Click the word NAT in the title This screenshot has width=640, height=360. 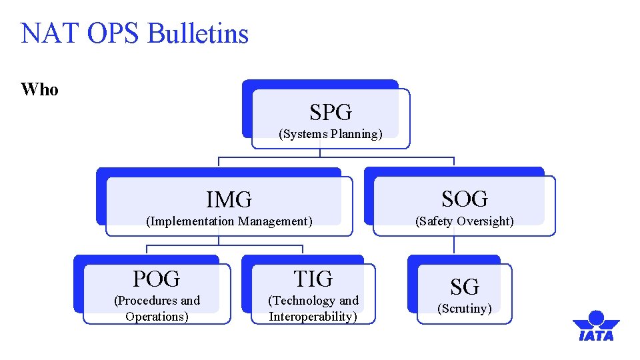coord(45,33)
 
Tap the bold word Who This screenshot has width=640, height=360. coord(39,90)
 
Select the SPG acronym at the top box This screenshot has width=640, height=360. coord(331,112)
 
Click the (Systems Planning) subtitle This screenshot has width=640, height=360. coord(331,134)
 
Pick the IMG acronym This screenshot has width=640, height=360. coord(229,199)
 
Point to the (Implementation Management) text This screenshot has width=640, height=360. coord(229,221)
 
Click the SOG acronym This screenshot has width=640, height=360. coord(465,199)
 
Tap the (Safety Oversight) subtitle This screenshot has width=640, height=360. coord(465,221)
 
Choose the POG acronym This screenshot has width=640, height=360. coord(156,279)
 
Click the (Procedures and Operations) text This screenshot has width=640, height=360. coord(157,309)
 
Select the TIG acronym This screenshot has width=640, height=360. coord(313,279)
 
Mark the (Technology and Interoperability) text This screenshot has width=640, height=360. coord(313,309)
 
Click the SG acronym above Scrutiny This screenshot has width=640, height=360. coord(465,287)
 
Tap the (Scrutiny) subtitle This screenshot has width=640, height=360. coord(465,309)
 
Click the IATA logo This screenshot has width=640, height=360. coord(595,326)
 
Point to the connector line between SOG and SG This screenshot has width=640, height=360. coord(454,245)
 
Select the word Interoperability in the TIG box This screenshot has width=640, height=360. coord(313,317)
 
